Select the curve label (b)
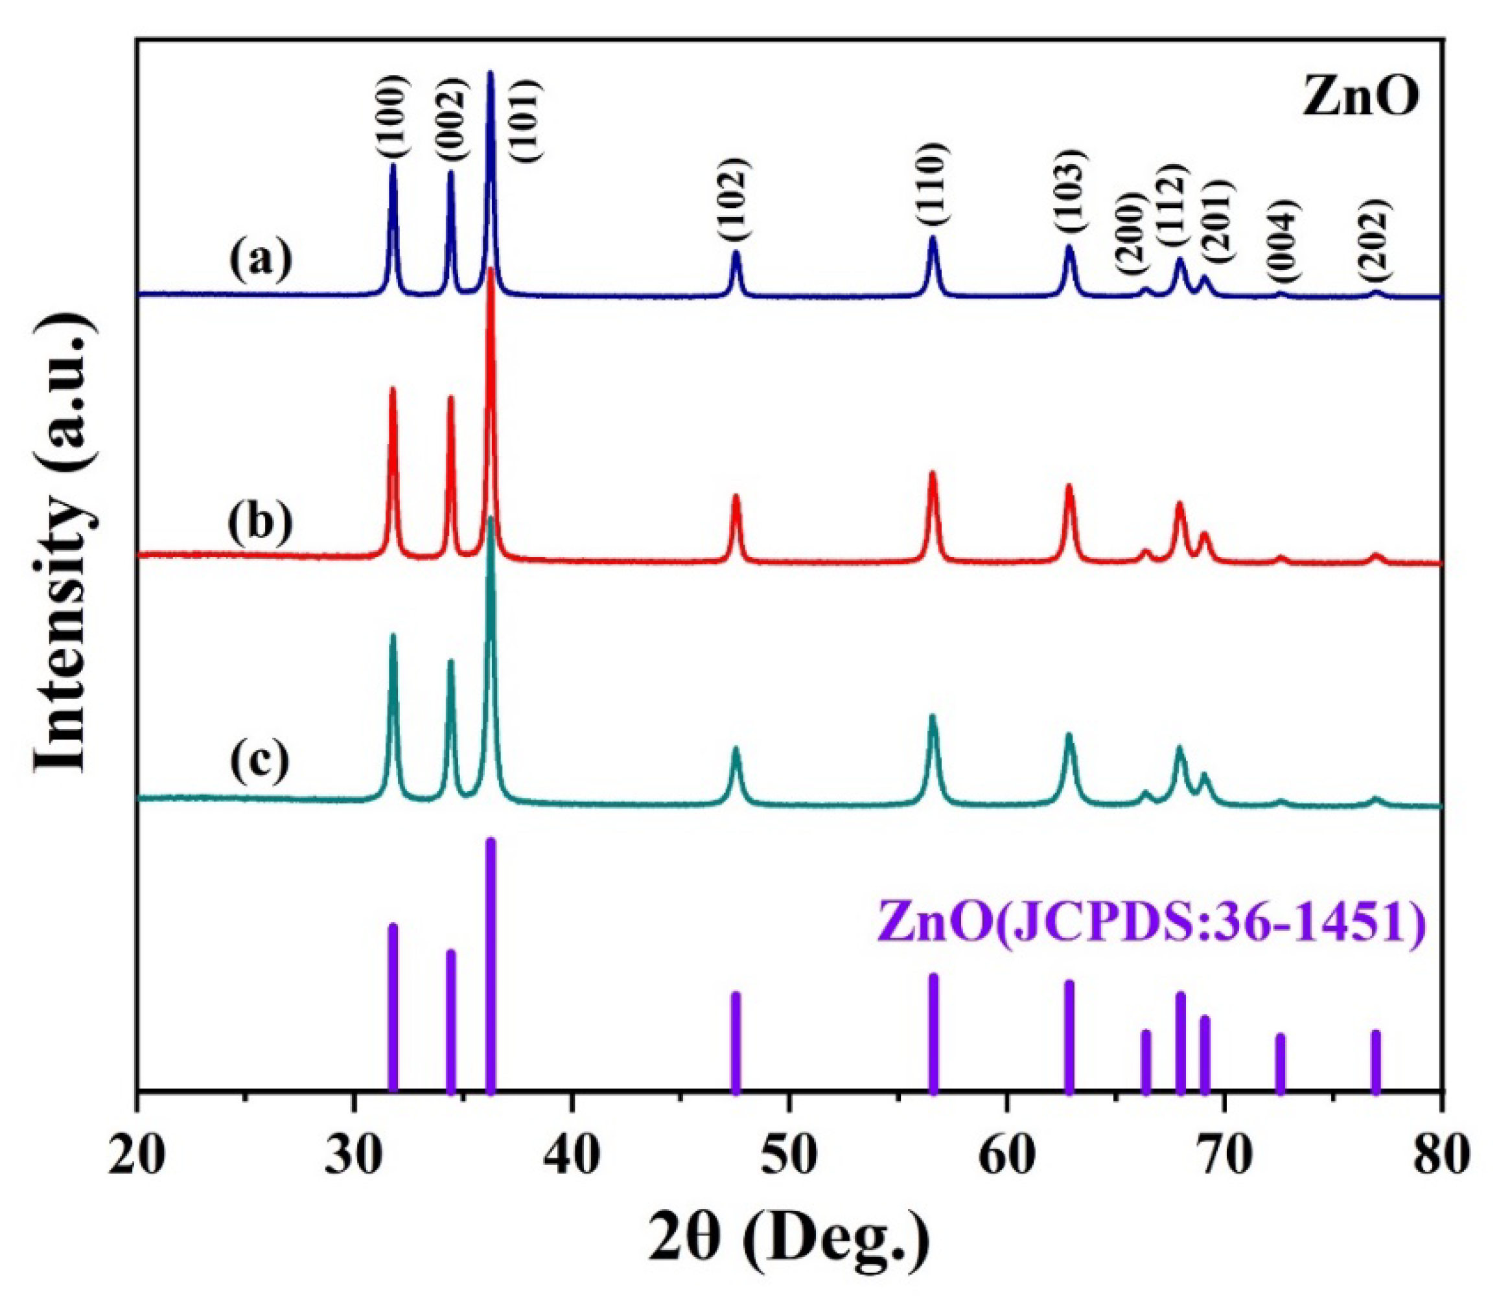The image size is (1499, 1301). coord(260,522)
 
